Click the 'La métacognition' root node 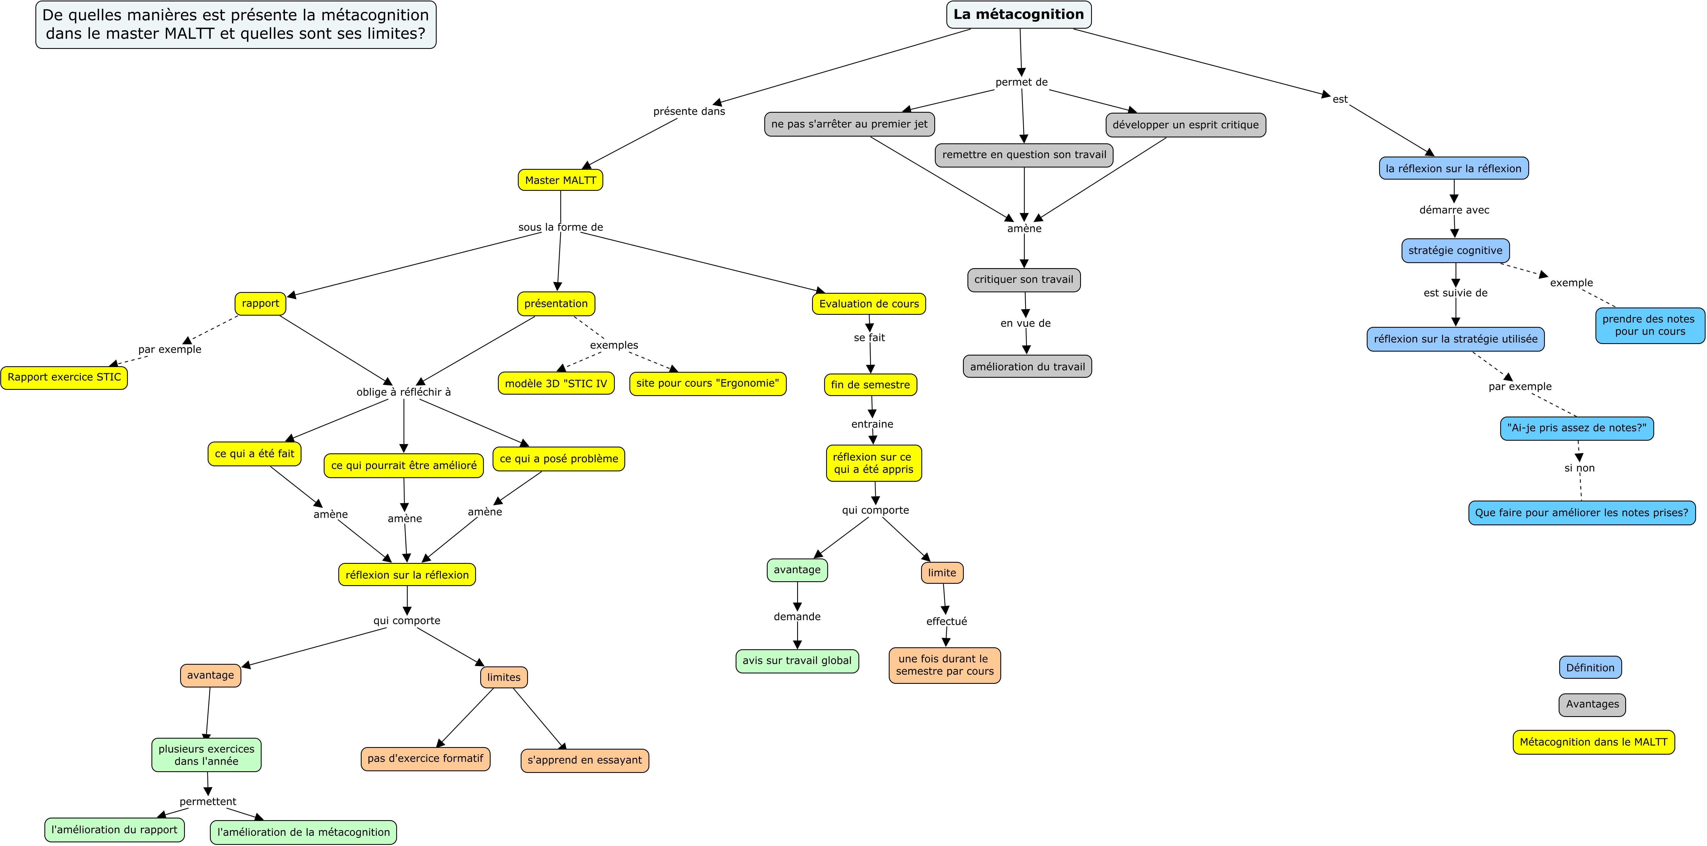[1019, 15]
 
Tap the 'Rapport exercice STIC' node [64, 377]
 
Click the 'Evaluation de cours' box [869, 304]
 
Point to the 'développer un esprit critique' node [1185, 125]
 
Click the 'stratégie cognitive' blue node [1455, 251]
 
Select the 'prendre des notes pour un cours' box [1649, 325]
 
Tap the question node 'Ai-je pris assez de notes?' [1576, 428]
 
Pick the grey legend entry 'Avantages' [1592, 704]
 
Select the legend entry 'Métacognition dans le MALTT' [1594, 742]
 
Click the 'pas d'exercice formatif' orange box [425, 759]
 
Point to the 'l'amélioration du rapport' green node [115, 829]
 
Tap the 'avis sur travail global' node [797, 661]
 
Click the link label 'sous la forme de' [561, 227]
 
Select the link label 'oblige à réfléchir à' [403, 392]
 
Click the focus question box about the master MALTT [236, 24]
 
